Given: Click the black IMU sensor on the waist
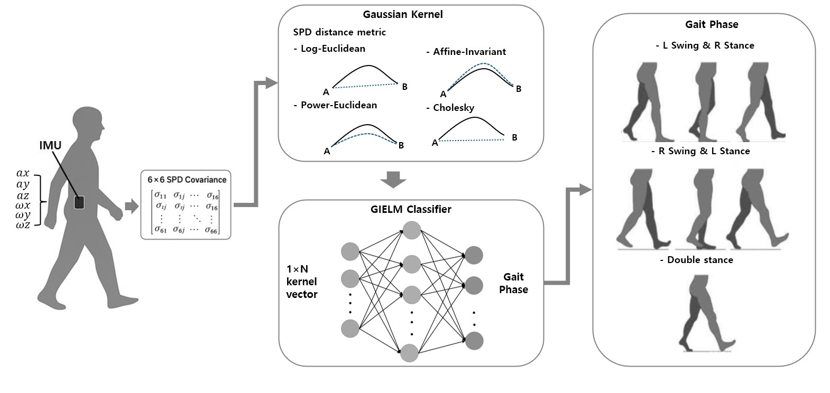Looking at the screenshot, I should pyautogui.click(x=79, y=202).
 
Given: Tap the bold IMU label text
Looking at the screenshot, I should pyautogui.click(x=51, y=145).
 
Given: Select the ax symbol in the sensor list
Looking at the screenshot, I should pyautogui.click(x=23, y=173).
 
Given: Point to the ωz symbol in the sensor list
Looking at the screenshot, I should pyautogui.click(x=23, y=226).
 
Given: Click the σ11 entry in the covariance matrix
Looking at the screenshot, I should pyautogui.click(x=161, y=196).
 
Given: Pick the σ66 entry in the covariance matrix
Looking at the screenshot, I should pyautogui.click(x=211, y=230).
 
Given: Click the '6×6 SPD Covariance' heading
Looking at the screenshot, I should pyautogui.click(x=187, y=180).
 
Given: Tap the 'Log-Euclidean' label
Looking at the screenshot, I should pyautogui.click(x=333, y=49).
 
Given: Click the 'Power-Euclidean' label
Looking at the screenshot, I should pyautogui.click(x=338, y=105).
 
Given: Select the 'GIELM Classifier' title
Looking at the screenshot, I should pyautogui.click(x=410, y=209).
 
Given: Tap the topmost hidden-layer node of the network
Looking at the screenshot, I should pyautogui.click(x=411, y=230).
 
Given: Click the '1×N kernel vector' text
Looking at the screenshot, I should pyautogui.click(x=302, y=282).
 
